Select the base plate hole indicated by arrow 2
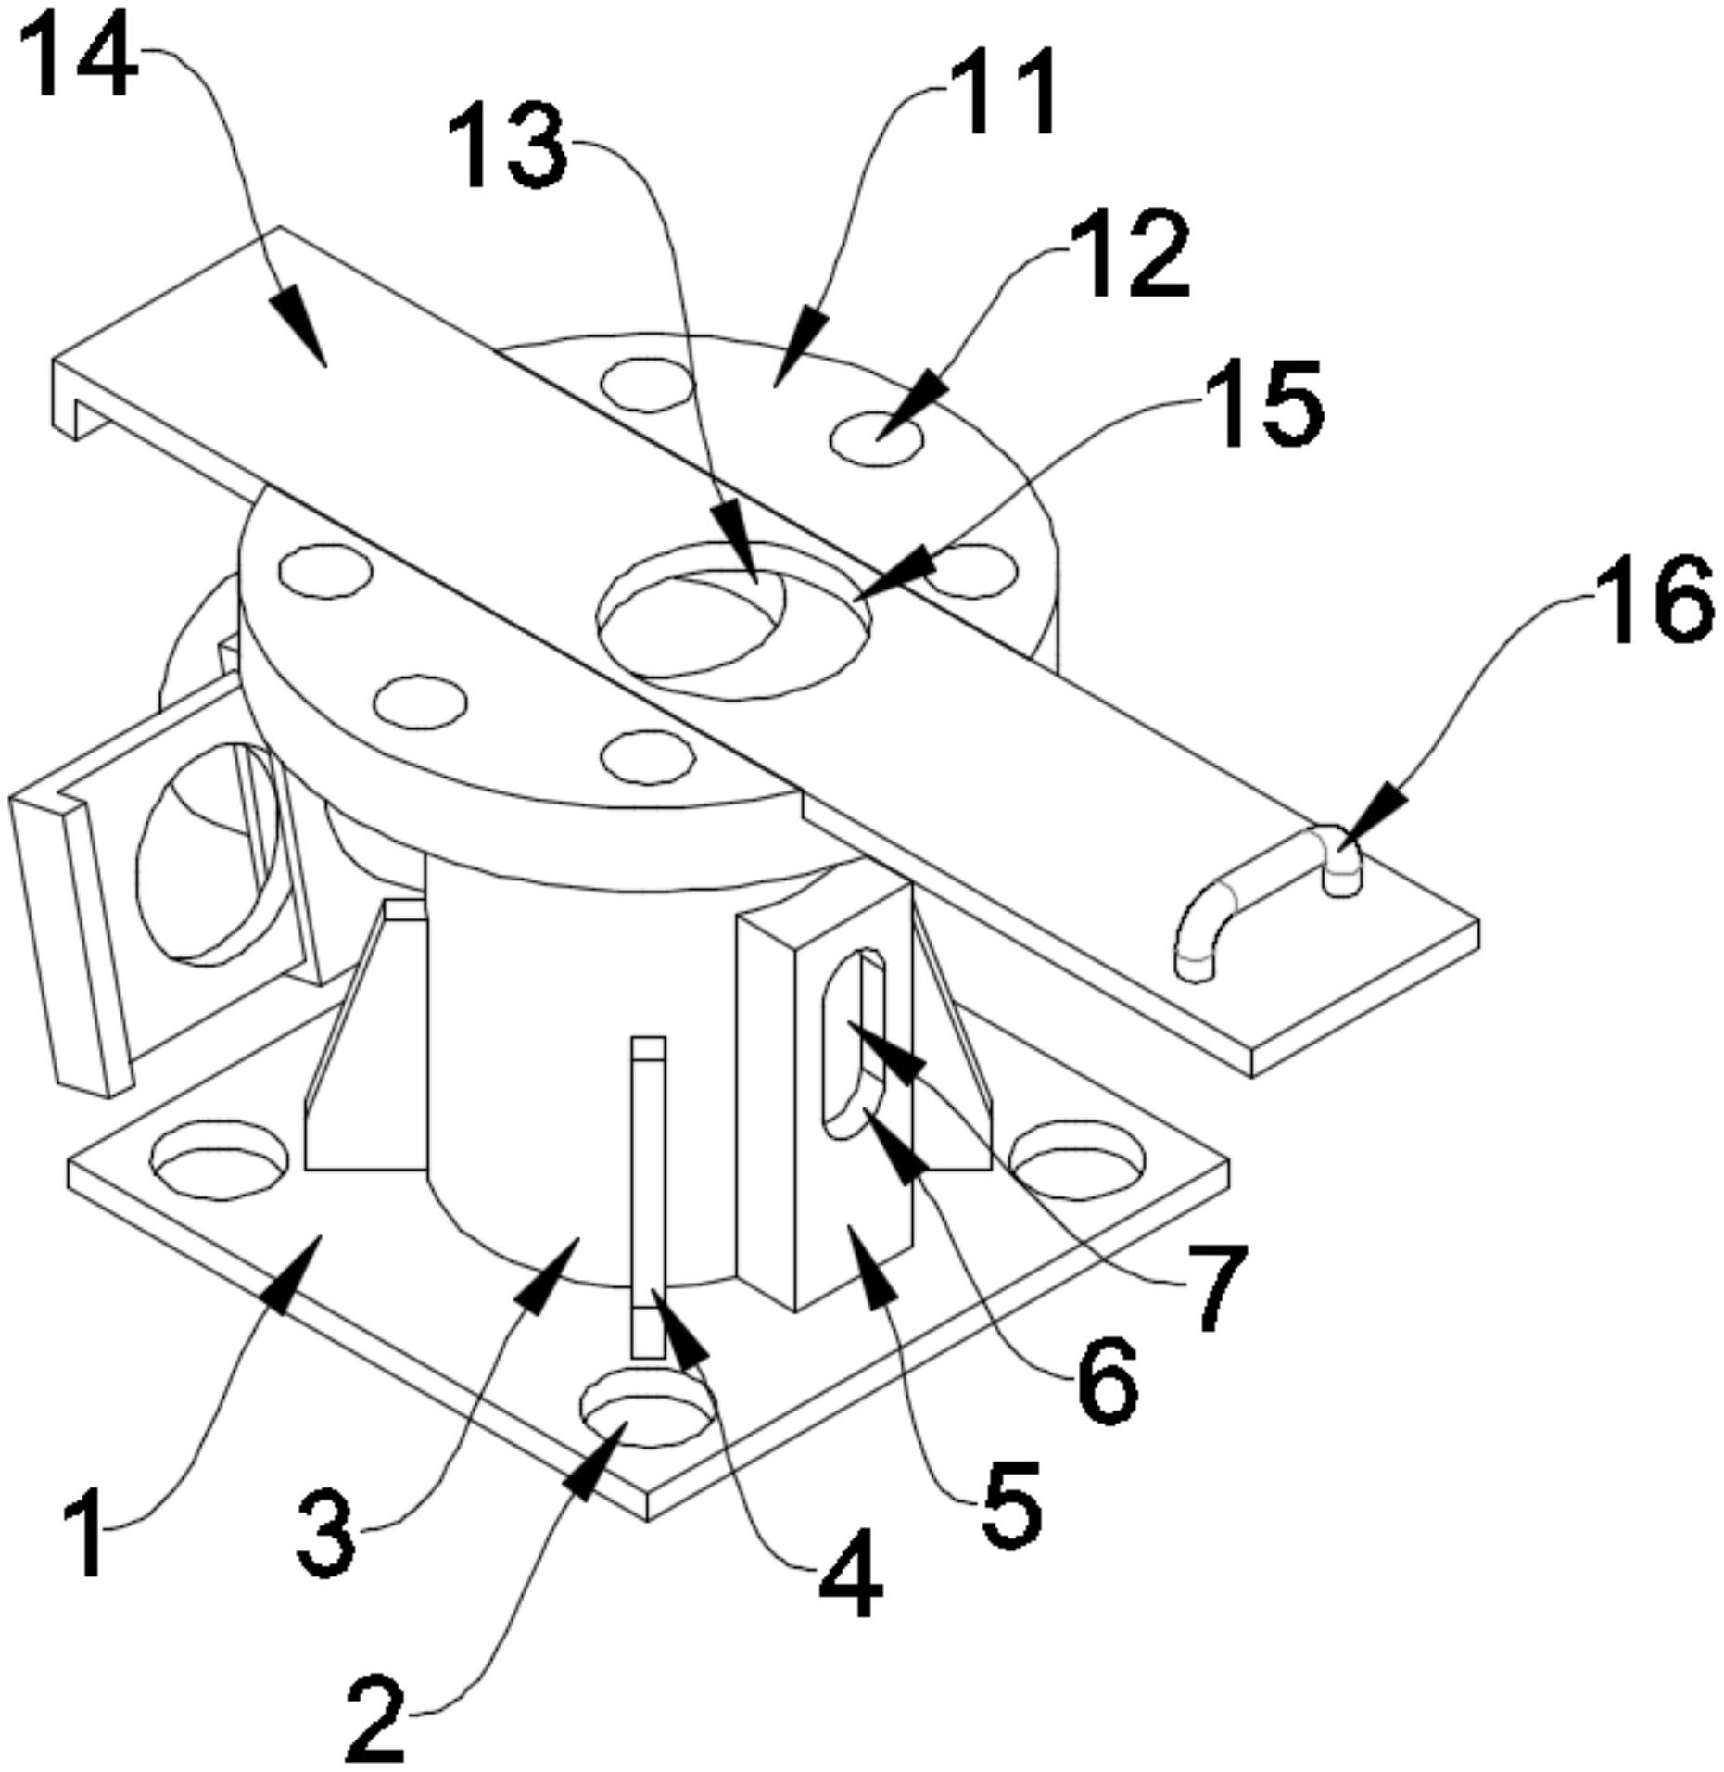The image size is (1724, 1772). tap(647, 1412)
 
